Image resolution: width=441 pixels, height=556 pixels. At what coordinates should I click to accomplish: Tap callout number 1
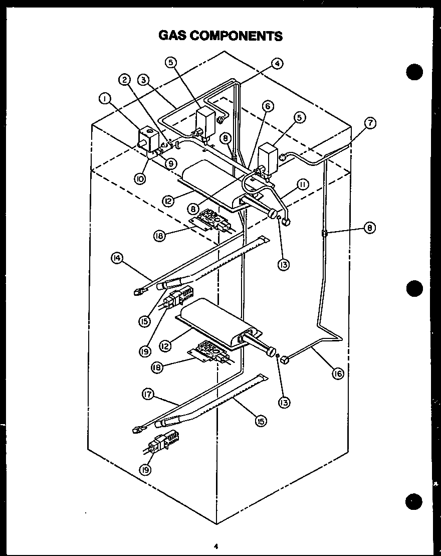coord(104,99)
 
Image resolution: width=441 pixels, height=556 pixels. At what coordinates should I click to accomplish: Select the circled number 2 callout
coord(125,79)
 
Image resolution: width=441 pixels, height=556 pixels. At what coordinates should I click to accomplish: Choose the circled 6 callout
coord(268,106)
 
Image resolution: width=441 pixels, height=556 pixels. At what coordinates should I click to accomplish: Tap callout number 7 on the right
coord(370,122)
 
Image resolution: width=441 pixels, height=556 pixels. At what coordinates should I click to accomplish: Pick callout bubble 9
coord(170,162)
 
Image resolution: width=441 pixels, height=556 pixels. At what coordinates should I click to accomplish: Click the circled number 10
coord(140,178)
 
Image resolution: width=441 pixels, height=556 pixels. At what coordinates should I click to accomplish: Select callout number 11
coord(302,184)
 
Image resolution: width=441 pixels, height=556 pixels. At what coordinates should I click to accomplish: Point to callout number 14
coord(117,258)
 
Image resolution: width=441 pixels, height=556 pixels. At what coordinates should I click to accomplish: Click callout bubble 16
coord(339,373)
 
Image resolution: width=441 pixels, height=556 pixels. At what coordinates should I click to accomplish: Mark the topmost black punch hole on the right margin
coord(414,72)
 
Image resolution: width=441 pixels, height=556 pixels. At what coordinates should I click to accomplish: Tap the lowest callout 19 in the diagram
coord(146,469)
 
